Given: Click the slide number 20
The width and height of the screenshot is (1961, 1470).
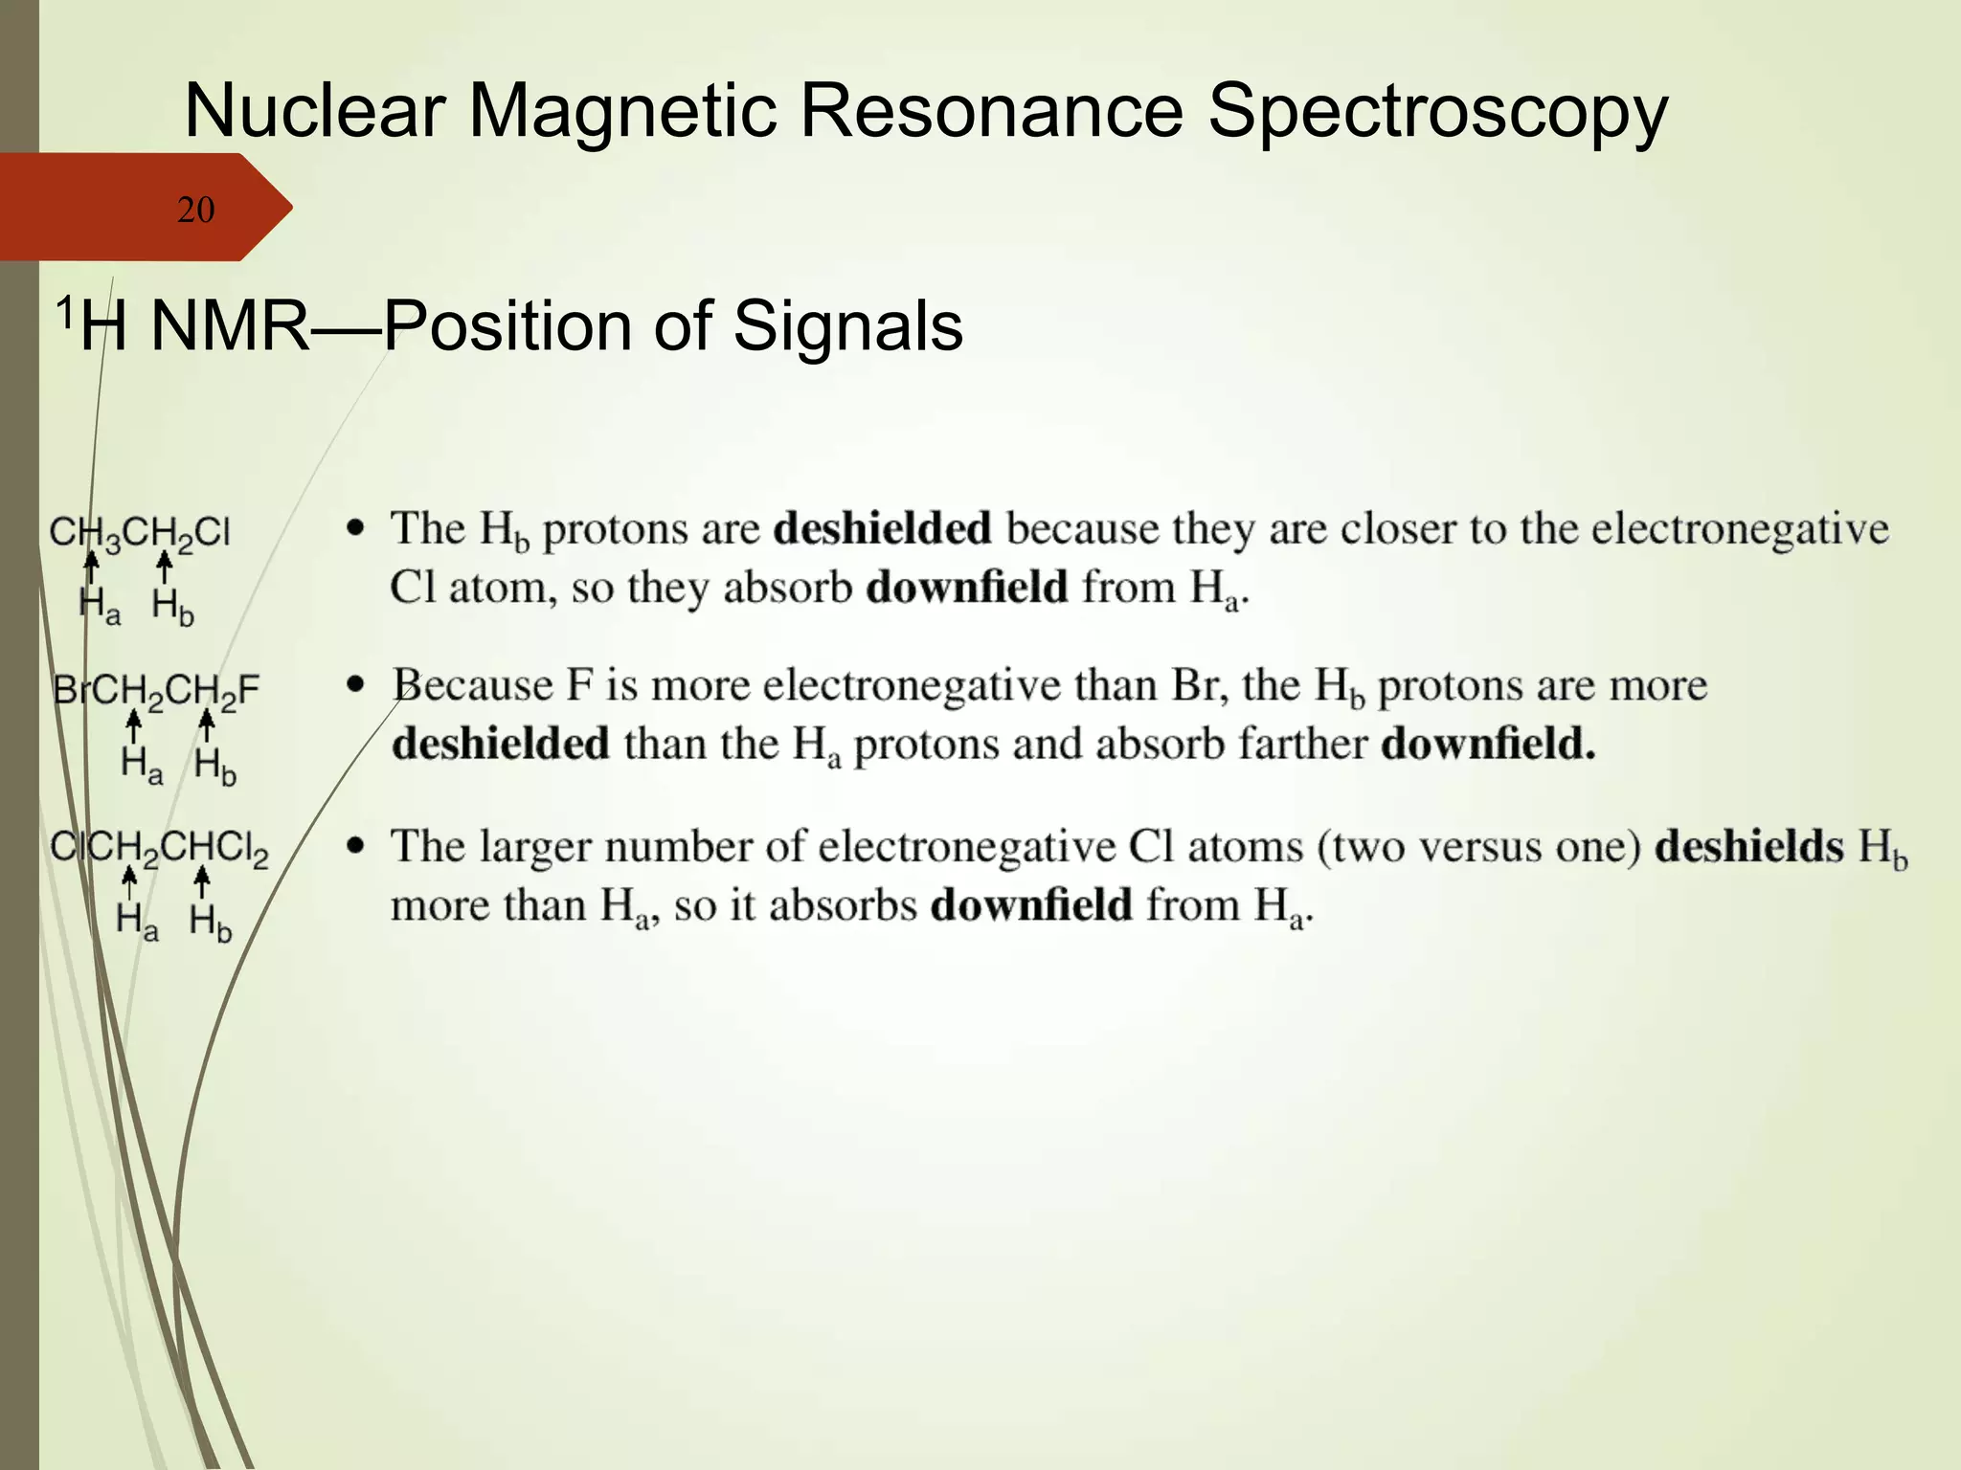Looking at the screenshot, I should coord(195,210).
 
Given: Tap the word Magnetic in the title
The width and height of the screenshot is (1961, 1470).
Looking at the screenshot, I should coord(621,110).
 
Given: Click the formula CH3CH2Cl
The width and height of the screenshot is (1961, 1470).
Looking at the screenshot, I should coord(140,532).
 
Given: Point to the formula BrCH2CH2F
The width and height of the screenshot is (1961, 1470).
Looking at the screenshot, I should coord(156,689).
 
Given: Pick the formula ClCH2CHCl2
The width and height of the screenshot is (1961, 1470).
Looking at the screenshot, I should coord(159,848).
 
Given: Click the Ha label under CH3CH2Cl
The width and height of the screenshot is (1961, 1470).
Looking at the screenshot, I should coord(100,606).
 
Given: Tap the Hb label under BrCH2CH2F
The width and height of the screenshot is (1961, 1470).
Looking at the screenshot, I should coord(214,766).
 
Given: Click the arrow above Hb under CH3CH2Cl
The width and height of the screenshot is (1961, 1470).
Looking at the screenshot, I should coord(165,568).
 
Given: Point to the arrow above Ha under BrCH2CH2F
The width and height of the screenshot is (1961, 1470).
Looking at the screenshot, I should coord(134,726).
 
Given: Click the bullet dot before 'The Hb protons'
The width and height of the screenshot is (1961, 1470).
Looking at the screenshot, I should coord(357,527).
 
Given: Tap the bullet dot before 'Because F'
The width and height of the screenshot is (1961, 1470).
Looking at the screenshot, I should coord(357,684).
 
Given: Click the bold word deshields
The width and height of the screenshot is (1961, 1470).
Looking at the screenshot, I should coord(1748,846).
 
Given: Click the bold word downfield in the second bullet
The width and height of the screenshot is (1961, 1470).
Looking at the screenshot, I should coord(1487,744).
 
